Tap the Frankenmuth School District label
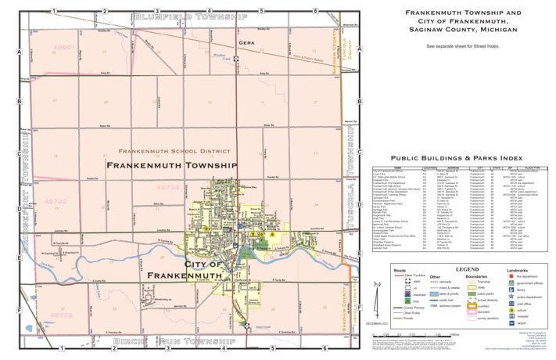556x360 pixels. tap(172, 150)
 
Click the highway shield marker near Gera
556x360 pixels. tap(235, 58)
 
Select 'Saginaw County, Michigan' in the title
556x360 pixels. tap(460, 30)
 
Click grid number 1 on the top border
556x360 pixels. tap(52, 11)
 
